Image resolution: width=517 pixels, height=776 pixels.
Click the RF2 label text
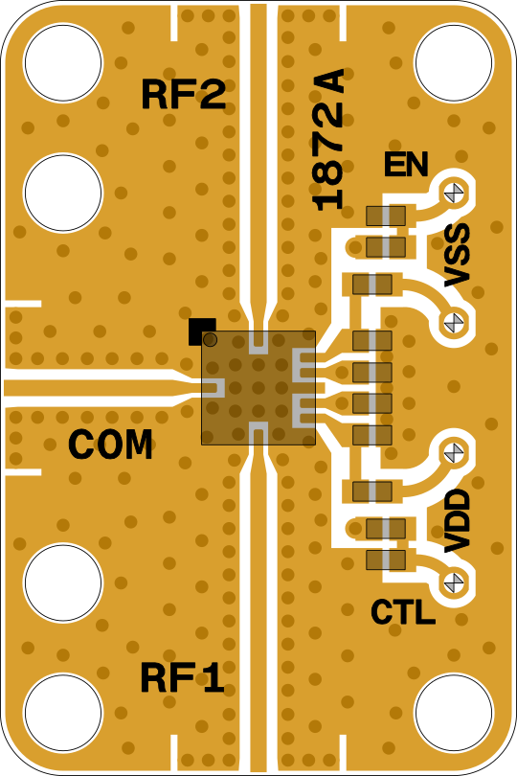tap(184, 94)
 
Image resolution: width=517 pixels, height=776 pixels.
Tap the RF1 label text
tap(182, 677)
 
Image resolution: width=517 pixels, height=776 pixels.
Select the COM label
tap(110, 444)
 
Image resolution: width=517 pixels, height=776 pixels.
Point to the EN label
tap(406, 165)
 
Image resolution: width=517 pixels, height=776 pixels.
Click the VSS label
tap(456, 255)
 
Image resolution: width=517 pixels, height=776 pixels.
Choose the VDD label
tap(456, 520)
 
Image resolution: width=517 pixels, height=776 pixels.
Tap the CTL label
tap(403, 612)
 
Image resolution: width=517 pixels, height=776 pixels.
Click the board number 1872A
tap(328, 140)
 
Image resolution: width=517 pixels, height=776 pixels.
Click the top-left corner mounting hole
tap(63, 63)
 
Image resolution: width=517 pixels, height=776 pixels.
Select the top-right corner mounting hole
tap(454, 63)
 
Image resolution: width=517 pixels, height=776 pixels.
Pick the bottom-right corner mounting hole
tap(454, 713)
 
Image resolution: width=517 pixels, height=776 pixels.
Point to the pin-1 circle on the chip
tap(211, 339)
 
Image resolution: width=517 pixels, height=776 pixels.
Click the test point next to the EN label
tap(454, 193)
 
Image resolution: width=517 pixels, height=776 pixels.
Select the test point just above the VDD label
tap(454, 452)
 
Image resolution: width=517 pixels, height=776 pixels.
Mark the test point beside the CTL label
tap(454, 582)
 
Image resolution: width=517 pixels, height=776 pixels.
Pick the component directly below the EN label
tap(386, 216)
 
